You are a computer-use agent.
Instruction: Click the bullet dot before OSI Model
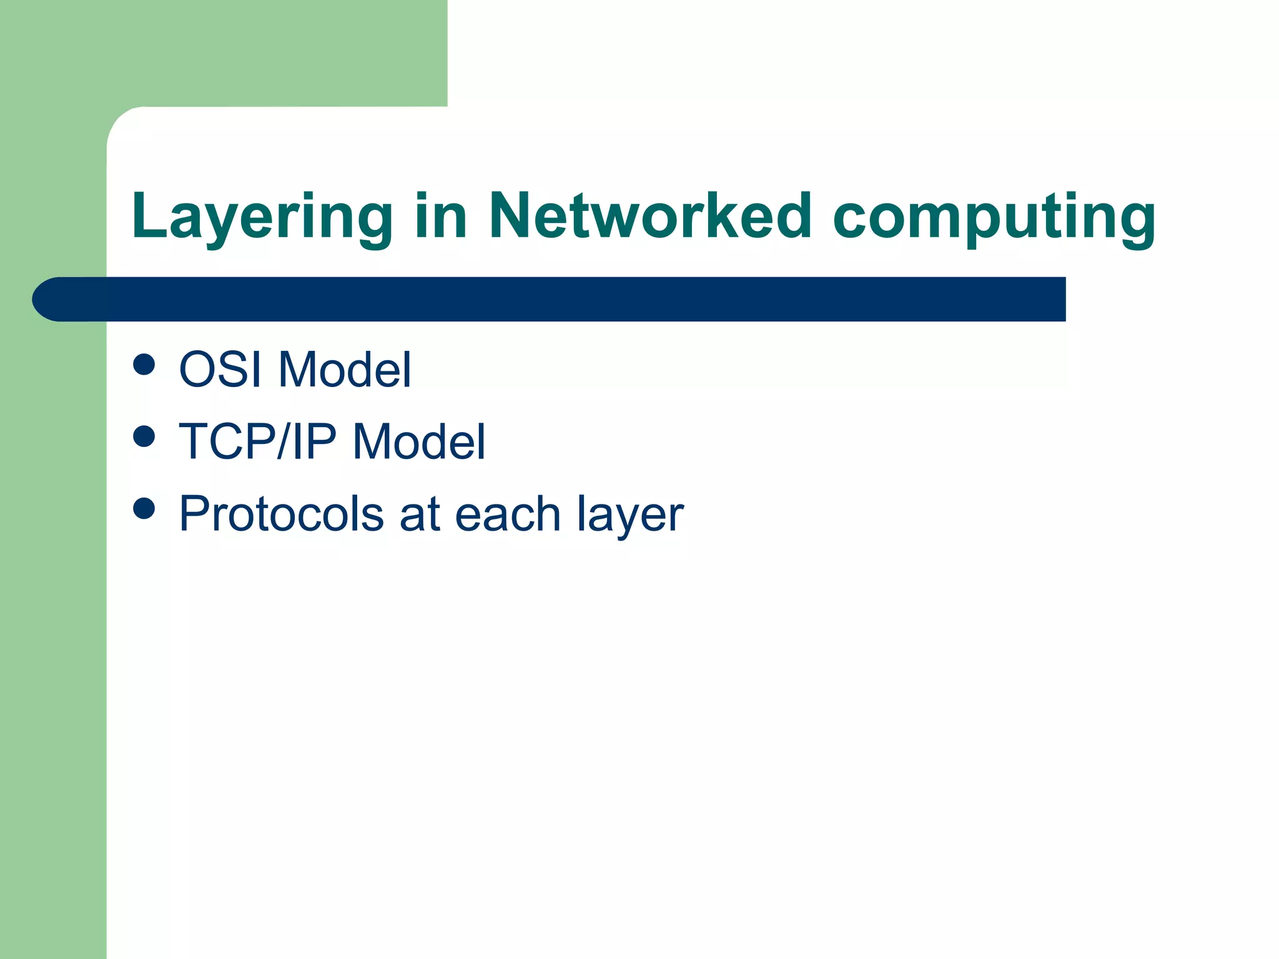tap(144, 365)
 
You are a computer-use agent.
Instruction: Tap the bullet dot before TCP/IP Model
tap(144, 436)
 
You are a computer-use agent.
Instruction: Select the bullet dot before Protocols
tap(144, 508)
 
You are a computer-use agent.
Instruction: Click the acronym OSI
tap(220, 369)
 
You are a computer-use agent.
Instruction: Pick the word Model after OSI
tap(344, 369)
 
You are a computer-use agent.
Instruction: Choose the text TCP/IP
tap(257, 441)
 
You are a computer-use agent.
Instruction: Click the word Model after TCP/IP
tap(418, 441)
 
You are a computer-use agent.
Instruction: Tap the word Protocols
tap(281, 514)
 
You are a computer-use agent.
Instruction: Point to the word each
tap(508, 514)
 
